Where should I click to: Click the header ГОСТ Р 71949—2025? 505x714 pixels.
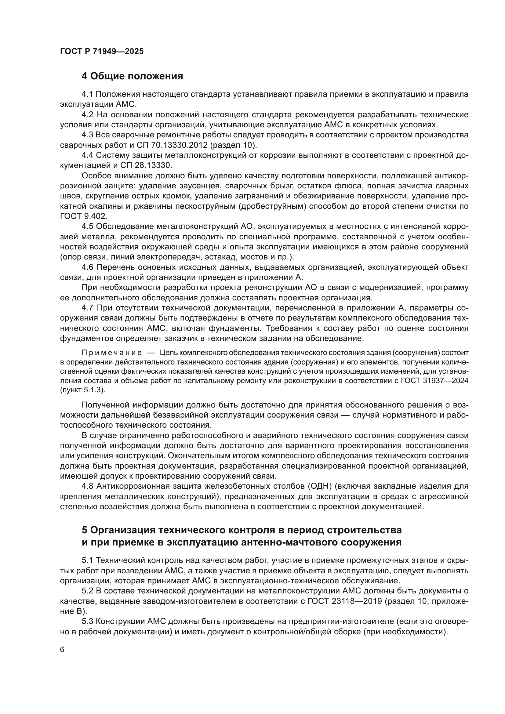[102, 52]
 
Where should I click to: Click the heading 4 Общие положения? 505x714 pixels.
[132, 76]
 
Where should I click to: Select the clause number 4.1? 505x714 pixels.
[87, 95]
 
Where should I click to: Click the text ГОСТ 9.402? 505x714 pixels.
[84, 216]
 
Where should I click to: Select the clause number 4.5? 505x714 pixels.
[87, 227]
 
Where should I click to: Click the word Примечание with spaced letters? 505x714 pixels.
[112, 353]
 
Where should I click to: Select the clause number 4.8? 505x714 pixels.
[87, 486]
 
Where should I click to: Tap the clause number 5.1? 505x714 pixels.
[87, 561]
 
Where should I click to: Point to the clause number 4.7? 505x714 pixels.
[87, 308]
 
